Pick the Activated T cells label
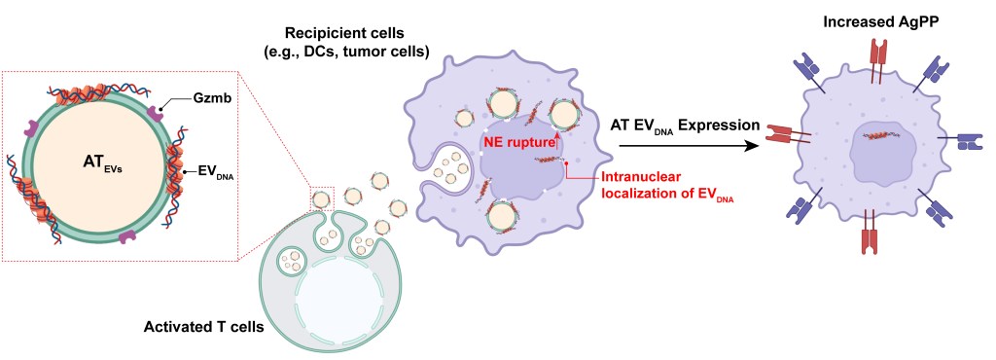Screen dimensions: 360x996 [x=203, y=326]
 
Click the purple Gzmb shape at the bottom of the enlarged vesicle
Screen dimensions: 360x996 [x=125, y=235]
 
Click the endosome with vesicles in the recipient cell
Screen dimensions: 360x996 [x=451, y=170]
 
